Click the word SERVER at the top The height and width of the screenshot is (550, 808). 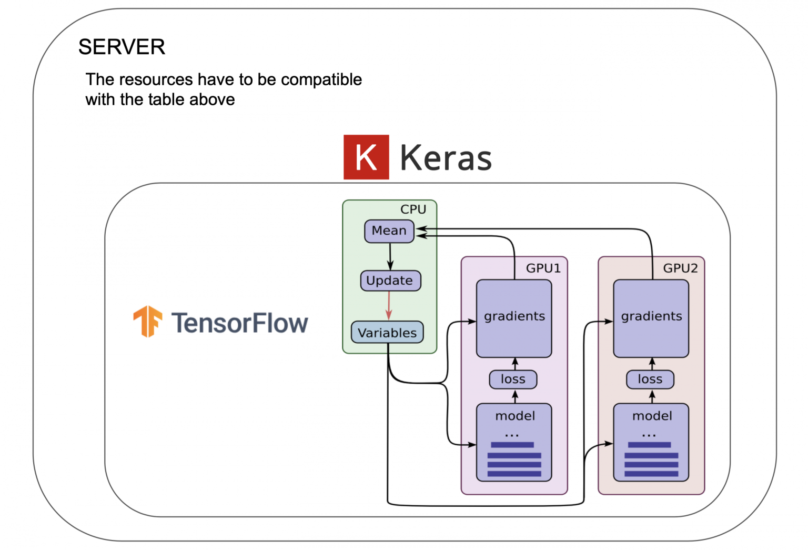coord(122,47)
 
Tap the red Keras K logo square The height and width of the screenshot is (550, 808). coord(366,157)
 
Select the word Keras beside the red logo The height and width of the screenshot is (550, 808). coord(446,158)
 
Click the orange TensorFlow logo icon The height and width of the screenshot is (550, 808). coord(147,321)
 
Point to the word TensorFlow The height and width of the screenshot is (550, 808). coord(239,323)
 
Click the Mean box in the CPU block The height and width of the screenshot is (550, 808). coord(389,231)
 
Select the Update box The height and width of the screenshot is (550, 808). coord(390,281)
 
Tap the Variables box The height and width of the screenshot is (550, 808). coord(387,333)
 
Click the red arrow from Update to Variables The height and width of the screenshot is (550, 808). coord(389,305)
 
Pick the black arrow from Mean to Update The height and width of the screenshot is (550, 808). coord(390,256)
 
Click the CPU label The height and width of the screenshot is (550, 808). coord(413,209)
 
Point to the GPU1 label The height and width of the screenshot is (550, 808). coord(543,268)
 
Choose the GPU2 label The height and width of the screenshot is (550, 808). coord(680,268)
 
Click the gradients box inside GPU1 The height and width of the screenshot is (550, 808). coord(514,318)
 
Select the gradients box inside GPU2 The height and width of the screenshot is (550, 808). coord(651,318)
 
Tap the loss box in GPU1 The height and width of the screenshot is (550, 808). coord(513,379)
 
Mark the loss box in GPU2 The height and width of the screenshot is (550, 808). coord(650,379)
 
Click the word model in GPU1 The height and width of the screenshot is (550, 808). coord(515,416)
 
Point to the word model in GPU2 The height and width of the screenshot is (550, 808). coord(652,416)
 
